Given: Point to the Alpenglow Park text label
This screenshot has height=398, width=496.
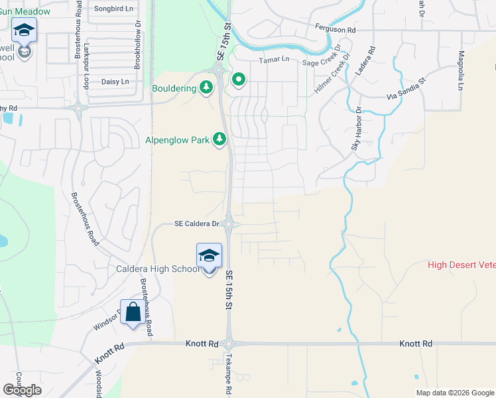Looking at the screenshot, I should point(178,140).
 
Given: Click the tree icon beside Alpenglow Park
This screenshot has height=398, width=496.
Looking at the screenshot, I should point(219,139).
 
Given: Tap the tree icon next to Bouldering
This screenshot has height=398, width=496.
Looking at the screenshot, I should point(206,88).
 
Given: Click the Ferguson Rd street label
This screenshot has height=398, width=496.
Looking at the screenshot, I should point(336,30).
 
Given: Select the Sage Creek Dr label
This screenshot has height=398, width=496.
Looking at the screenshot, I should point(321,61).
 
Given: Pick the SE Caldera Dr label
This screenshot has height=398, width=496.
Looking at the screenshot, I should point(196,224).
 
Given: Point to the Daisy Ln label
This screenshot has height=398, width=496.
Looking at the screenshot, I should point(115,82).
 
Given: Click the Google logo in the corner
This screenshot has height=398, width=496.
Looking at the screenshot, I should point(22,390).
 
